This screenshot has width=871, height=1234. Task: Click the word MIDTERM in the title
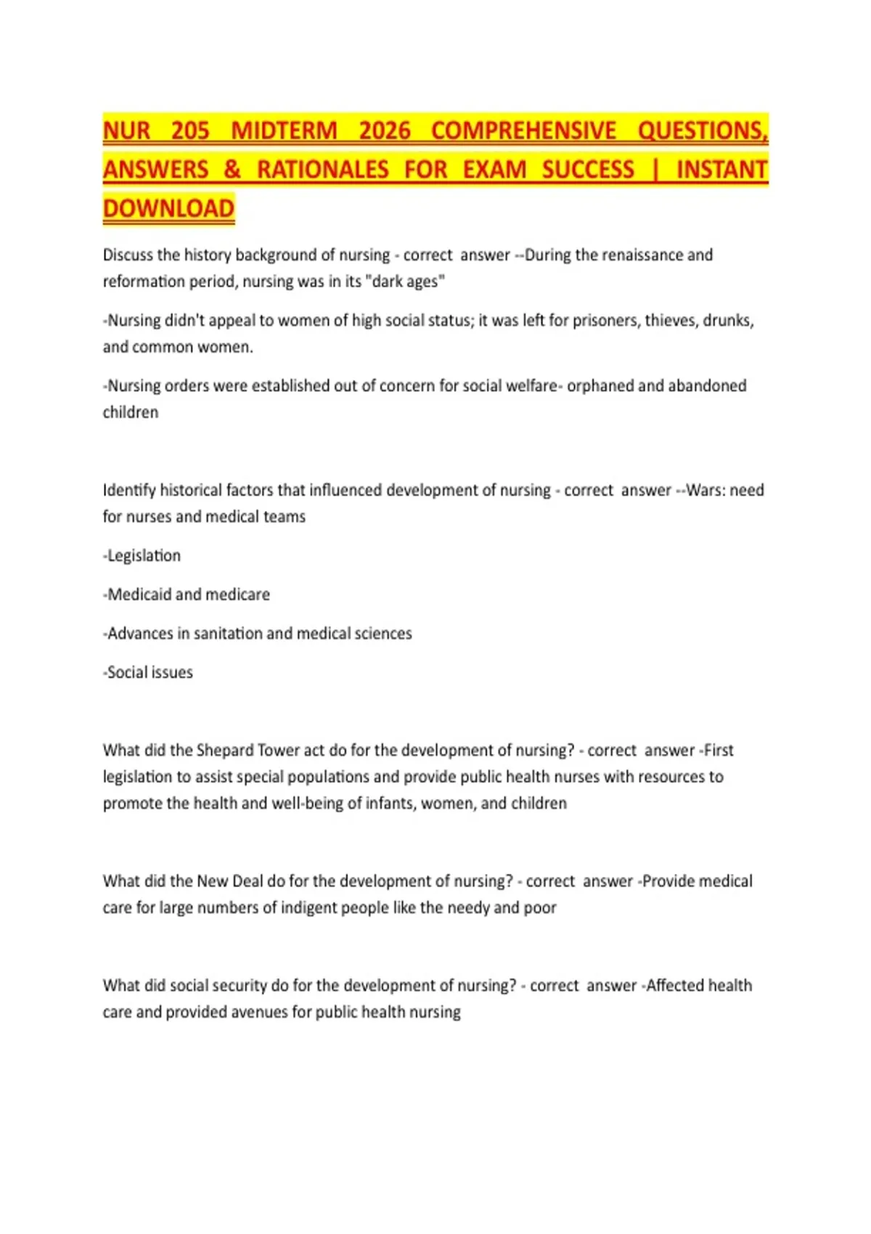click(x=284, y=131)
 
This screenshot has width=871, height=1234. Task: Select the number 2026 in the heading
click(x=385, y=131)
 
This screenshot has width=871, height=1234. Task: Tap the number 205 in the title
click(x=190, y=131)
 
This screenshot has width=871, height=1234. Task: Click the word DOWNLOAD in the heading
click(x=168, y=209)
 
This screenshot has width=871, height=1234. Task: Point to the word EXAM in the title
click(x=494, y=170)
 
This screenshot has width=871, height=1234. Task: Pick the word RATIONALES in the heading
click(x=323, y=170)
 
